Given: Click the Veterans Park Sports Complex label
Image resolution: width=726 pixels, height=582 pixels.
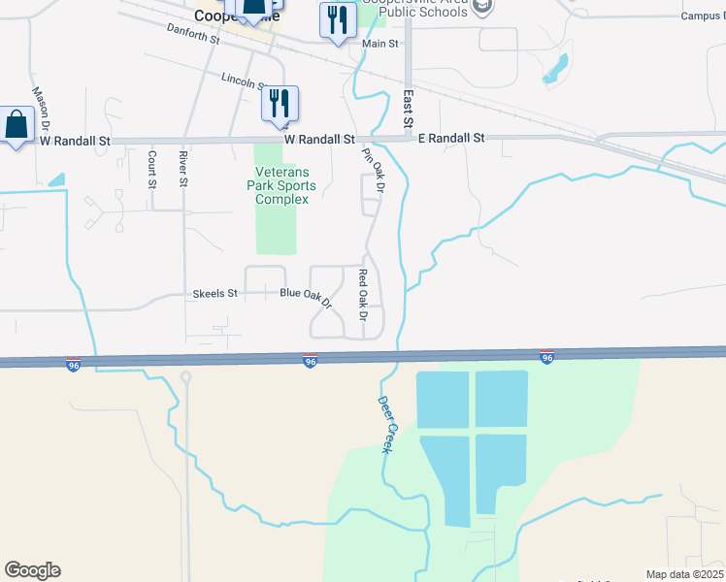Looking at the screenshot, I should point(281,185).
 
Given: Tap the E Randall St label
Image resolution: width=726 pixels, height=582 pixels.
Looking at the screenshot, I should point(451,139).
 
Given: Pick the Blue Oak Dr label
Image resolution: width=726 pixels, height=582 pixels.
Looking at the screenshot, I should point(306,294).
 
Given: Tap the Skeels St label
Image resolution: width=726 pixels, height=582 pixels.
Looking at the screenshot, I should point(215,293).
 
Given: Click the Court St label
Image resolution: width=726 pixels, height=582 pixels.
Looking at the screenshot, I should point(152,169).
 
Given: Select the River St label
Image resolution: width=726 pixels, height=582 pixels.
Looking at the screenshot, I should point(182,169).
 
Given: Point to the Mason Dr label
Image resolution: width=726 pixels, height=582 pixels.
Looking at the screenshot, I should point(41,109).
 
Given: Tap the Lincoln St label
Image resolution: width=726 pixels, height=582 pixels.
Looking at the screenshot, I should point(244,81).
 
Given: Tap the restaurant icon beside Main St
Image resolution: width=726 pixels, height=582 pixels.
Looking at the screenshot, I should point(336,19).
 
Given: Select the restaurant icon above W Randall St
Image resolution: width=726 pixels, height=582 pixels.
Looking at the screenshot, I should point(280,102).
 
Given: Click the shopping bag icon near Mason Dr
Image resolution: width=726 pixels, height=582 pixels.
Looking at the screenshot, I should point(16,125).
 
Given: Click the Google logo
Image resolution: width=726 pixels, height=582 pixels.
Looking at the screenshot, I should point(32,570).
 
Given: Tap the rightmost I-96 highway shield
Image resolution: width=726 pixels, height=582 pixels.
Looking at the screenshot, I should point(547,358).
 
